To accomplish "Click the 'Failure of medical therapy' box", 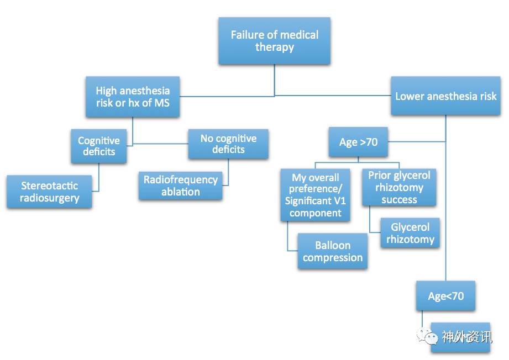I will [x=274, y=41].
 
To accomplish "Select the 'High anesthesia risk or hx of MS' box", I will [x=133, y=97].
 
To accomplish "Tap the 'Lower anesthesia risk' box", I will [x=445, y=96].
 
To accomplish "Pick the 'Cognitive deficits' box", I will [x=98, y=146].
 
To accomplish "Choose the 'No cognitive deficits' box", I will [x=228, y=144].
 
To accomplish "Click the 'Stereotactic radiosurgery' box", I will [x=49, y=192].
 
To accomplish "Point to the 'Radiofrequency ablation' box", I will [x=180, y=186].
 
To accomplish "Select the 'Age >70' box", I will [x=358, y=142].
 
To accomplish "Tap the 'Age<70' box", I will [x=445, y=296].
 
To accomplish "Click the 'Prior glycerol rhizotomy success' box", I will [x=399, y=187].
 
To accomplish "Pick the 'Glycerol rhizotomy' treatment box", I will [x=410, y=233].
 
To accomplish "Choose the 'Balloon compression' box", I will [x=332, y=251].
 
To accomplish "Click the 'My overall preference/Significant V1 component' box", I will [x=315, y=195].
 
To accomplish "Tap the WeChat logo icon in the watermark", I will [x=428, y=335].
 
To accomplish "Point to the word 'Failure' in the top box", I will [x=248, y=35].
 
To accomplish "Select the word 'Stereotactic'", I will [x=49, y=186].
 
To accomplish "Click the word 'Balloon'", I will [x=333, y=245].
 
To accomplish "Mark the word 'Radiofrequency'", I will [x=180, y=179].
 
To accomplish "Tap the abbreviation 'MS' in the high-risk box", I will [x=160, y=103].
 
